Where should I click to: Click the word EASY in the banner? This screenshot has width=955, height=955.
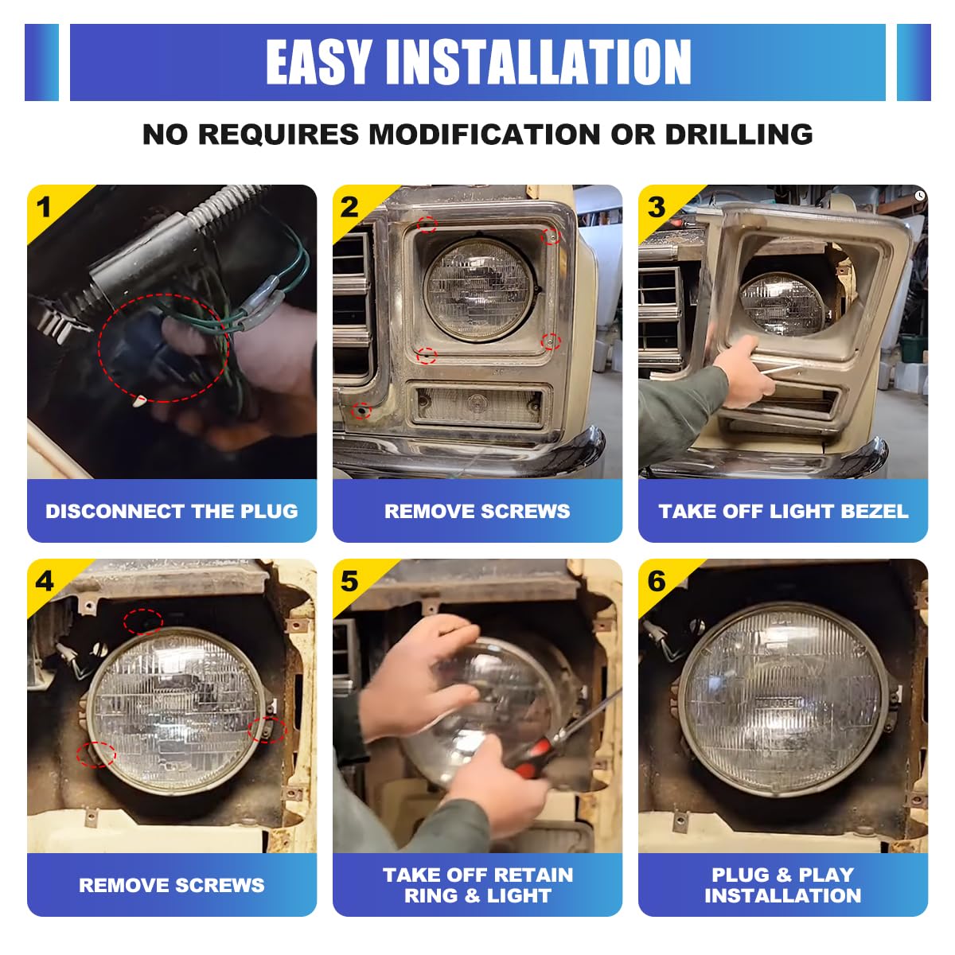tap(318, 62)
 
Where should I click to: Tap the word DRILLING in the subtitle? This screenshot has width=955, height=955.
tap(739, 134)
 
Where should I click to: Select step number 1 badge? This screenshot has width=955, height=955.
tap(44, 207)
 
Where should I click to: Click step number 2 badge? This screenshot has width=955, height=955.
tap(349, 207)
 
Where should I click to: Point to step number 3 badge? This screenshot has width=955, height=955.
tap(656, 207)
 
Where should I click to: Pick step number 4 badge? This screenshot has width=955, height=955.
tap(44, 581)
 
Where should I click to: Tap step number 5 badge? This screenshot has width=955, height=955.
tap(349, 581)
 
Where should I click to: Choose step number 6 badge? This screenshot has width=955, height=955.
tap(656, 581)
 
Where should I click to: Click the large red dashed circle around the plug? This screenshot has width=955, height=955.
tap(99, 347)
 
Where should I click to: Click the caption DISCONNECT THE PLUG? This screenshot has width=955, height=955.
tap(171, 511)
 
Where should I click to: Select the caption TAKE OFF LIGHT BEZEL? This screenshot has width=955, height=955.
tap(783, 511)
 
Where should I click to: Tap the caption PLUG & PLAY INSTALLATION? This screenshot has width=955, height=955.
tap(783, 885)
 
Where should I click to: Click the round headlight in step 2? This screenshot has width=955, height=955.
tap(479, 290)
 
